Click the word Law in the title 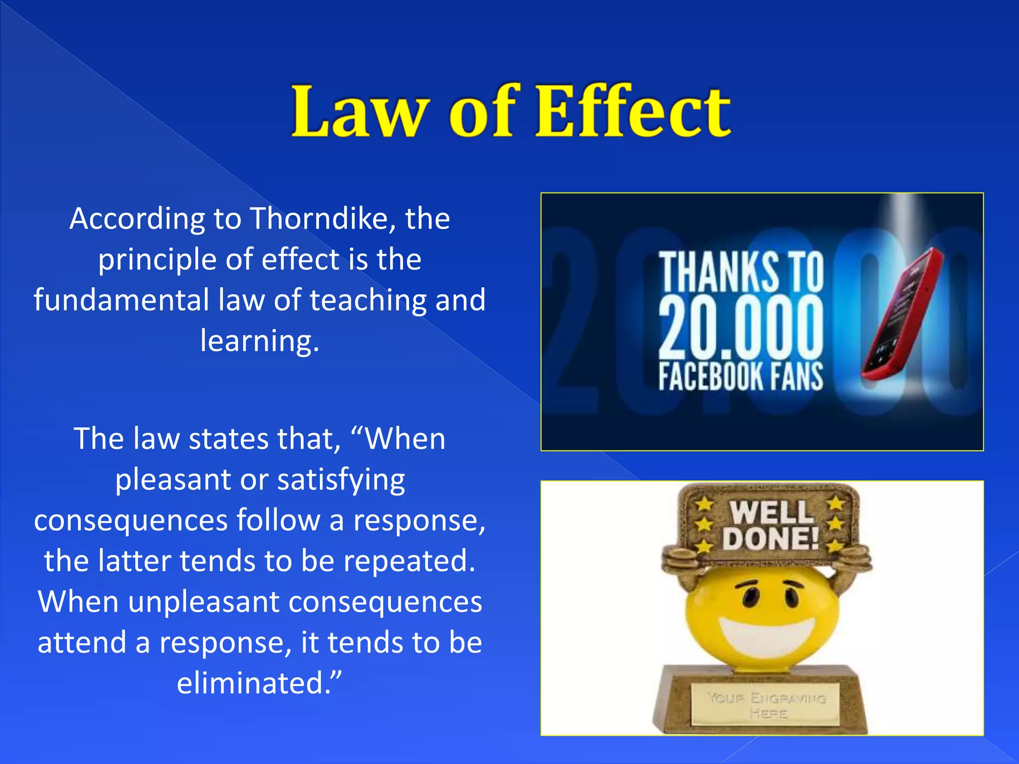coord(359,112)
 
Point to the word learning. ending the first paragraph coord(259,341)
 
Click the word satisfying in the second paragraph coord(341,480)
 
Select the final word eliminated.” coord(259,683)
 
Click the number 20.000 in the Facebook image coord(740,328)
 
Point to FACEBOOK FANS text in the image coord(740,377)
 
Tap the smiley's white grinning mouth coord(766,635)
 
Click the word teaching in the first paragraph coord(368,300)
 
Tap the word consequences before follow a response coord(130,521)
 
